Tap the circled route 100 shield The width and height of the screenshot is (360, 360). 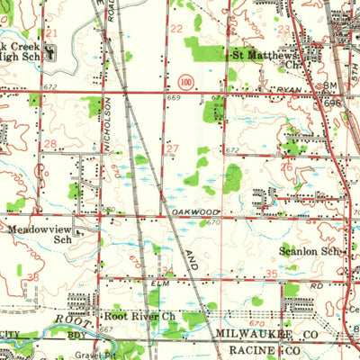point(186,81)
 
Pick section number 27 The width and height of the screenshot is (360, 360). point(172,148)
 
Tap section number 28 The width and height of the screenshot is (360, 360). point(51,144)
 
